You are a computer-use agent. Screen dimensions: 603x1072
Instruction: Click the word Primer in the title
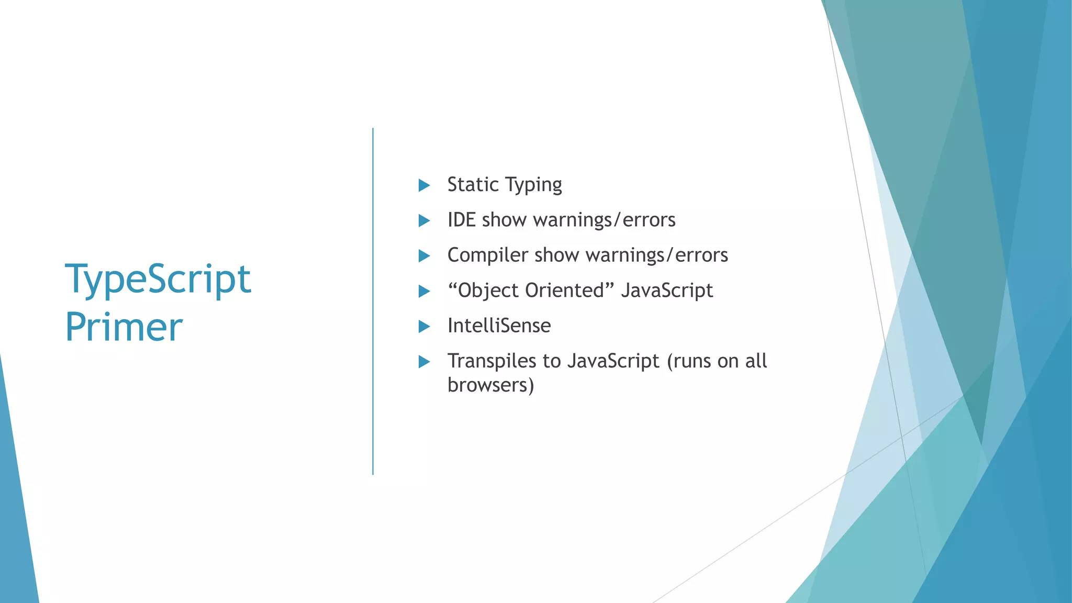(124, 327)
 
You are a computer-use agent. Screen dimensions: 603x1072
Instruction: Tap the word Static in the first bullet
(473, 185)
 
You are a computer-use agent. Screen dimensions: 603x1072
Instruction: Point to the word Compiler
(487, 255)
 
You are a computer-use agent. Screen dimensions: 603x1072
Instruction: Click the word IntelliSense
(499, 326)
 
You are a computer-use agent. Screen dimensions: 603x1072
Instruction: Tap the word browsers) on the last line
(490, 385)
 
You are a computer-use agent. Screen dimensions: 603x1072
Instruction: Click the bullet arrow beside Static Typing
(424, 185)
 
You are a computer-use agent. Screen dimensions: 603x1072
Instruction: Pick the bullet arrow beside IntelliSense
(424, 327)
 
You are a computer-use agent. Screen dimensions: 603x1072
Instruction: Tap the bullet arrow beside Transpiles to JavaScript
(424, 362)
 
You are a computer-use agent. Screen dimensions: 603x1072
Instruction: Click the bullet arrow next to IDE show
(424, 220)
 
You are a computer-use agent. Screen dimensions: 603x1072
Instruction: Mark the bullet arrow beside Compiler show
(424, 256)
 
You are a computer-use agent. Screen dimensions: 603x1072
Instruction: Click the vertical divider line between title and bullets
(373, 301)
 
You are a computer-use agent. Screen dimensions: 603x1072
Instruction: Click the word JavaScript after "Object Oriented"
(666, 291)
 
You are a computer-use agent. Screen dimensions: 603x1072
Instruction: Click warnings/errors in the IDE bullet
(604, 220)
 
